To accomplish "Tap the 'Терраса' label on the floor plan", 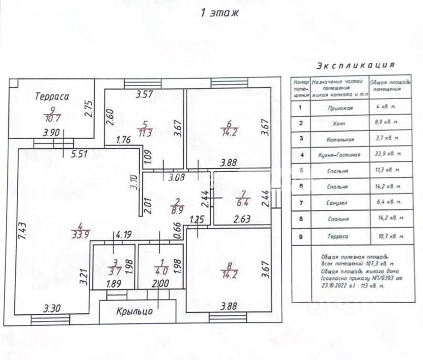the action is [x=52, y=96].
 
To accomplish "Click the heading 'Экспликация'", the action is [x=355, y=65].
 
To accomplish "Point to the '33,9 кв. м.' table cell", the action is [x=385, y=154].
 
